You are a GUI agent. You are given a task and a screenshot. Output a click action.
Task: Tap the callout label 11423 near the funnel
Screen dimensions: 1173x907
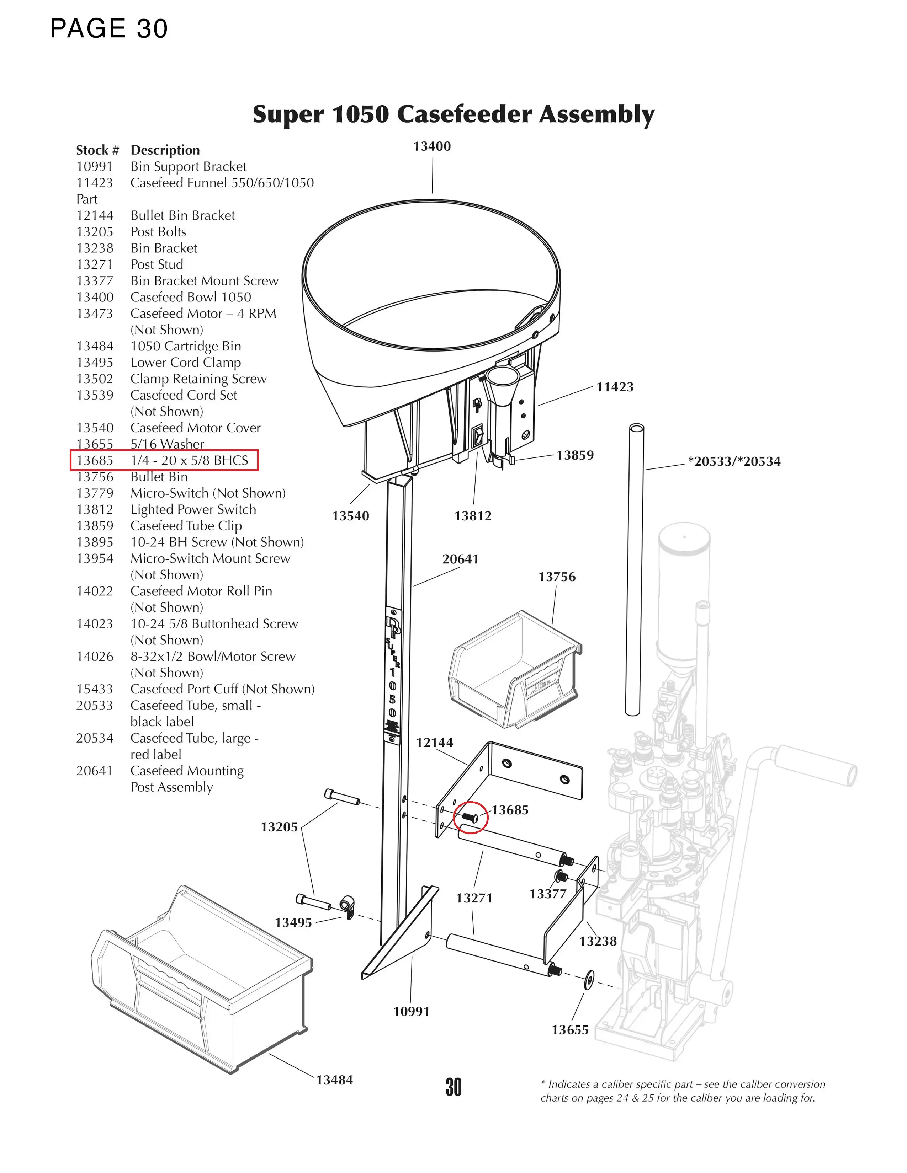point(615,387)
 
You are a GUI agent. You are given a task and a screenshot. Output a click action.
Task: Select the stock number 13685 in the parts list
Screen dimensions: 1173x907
point(95,461)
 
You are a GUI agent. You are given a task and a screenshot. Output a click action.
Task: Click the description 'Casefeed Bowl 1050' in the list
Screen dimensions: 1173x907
point(191,297)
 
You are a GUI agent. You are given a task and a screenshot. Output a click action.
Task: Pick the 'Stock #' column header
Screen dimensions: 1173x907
point(97,150)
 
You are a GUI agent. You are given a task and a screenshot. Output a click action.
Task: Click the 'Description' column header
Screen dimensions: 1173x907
point(165,150)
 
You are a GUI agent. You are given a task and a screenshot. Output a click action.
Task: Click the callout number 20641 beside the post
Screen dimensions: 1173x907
point(460,559)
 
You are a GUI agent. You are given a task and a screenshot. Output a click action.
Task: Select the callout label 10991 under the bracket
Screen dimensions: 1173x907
point(411,1011)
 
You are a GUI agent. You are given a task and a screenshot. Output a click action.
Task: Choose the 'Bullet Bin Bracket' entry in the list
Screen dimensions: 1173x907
point(183,215)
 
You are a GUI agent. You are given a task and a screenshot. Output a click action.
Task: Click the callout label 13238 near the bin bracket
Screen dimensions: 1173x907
point(598,941)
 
